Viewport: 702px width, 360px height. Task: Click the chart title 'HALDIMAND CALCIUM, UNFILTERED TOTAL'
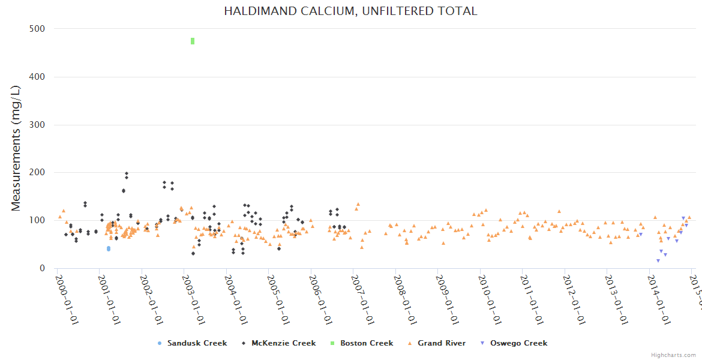point(350,11)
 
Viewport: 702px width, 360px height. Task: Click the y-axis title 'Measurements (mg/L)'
point(16,148)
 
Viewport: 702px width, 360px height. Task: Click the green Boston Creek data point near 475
point(193,41)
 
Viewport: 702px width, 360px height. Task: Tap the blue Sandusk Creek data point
point(109,248)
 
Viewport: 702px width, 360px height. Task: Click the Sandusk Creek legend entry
point(192,343)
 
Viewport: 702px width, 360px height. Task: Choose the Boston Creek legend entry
point(362,343)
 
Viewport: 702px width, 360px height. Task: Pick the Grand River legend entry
point(437,343)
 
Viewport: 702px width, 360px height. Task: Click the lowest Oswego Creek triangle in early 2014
point(658,260)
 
